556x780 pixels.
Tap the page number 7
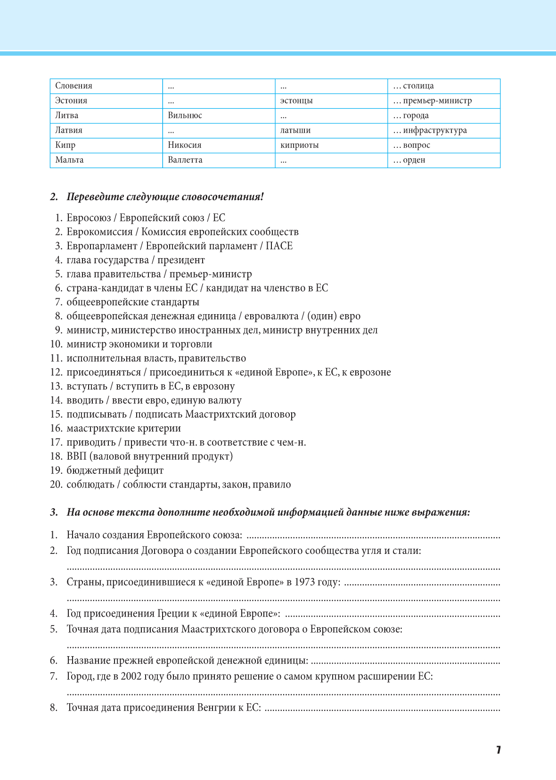coord(498,750)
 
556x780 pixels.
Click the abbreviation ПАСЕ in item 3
coord(279,246)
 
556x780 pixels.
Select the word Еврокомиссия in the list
coord(99,232)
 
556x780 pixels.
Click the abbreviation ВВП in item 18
coord(76,456)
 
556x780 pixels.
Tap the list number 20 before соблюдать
coord(56,485)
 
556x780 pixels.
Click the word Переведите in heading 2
coord(95,197)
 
